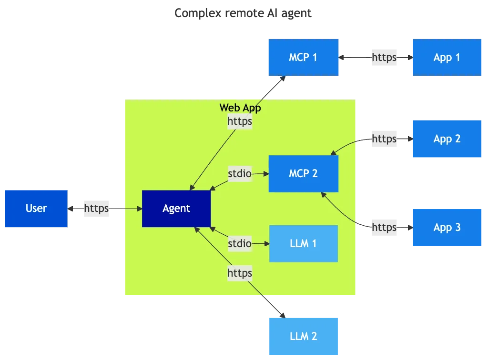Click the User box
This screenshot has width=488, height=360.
click(36, 208)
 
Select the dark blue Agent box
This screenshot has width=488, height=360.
click(176, 209)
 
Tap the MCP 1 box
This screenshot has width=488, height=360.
click(303, 57)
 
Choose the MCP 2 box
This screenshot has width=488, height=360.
click(304, 173)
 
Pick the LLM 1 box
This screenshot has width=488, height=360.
click(304, 243)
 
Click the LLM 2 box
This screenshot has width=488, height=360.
click(304, 336)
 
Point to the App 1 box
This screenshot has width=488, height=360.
click(447, 57)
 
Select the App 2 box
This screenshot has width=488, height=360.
click(447, 139)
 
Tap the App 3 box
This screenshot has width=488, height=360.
click(447, 227)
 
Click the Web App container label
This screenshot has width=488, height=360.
click(240, 108)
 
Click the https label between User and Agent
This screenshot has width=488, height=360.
click(97, 208)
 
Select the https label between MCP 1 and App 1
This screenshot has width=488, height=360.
click(384, 58)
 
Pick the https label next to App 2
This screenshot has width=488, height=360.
click(384, 139)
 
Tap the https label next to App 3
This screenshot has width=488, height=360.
click(384, 227)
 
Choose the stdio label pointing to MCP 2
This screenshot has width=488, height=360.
click(239, 174)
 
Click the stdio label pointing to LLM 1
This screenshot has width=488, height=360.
click(239, 243)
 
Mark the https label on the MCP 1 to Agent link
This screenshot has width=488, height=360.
click(240, 122)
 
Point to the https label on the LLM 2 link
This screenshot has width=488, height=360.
click(240, 273)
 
